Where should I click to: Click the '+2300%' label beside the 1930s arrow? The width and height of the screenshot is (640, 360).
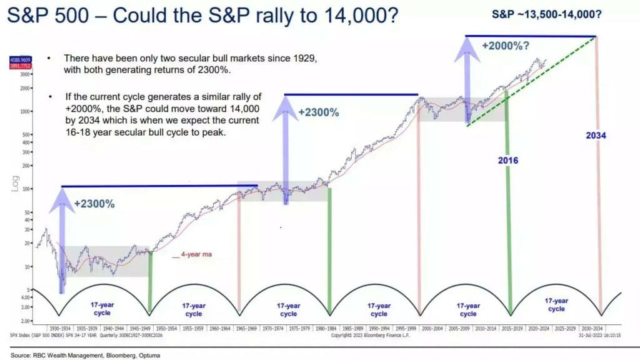(94, 203)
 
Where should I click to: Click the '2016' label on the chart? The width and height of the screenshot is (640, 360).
(508, 160)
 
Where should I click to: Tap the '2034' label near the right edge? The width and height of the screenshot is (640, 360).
(597, 135)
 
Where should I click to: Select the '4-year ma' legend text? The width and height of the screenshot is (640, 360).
(195, 255)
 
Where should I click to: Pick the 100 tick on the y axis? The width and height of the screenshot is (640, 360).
(28, 189)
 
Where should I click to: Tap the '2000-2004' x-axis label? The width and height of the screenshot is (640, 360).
(433, 327)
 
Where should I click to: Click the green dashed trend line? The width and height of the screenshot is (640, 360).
(531, 81)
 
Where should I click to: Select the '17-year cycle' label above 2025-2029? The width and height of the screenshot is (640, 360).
(556, 304)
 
